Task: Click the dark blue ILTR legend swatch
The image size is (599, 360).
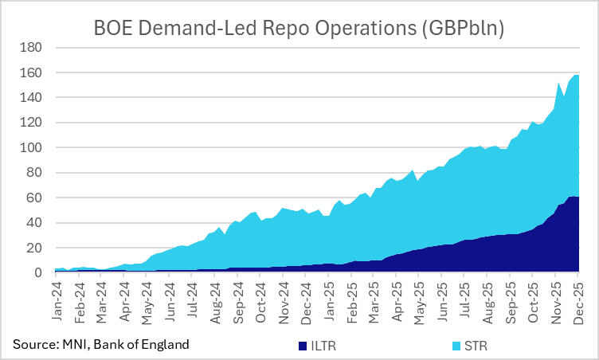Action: pyautogui.click(x=302, y=346)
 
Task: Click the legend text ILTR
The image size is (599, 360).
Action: pyautogui.click(x=322, y=346)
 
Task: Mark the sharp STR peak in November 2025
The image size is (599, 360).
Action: pyautogui.click(x=558, y=83)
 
